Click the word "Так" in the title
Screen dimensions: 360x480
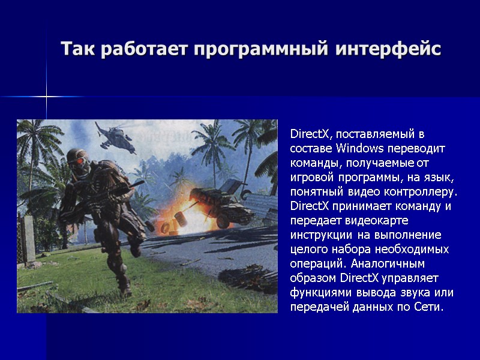pos(77,49)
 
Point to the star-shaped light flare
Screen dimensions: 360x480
pos(46,97)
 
